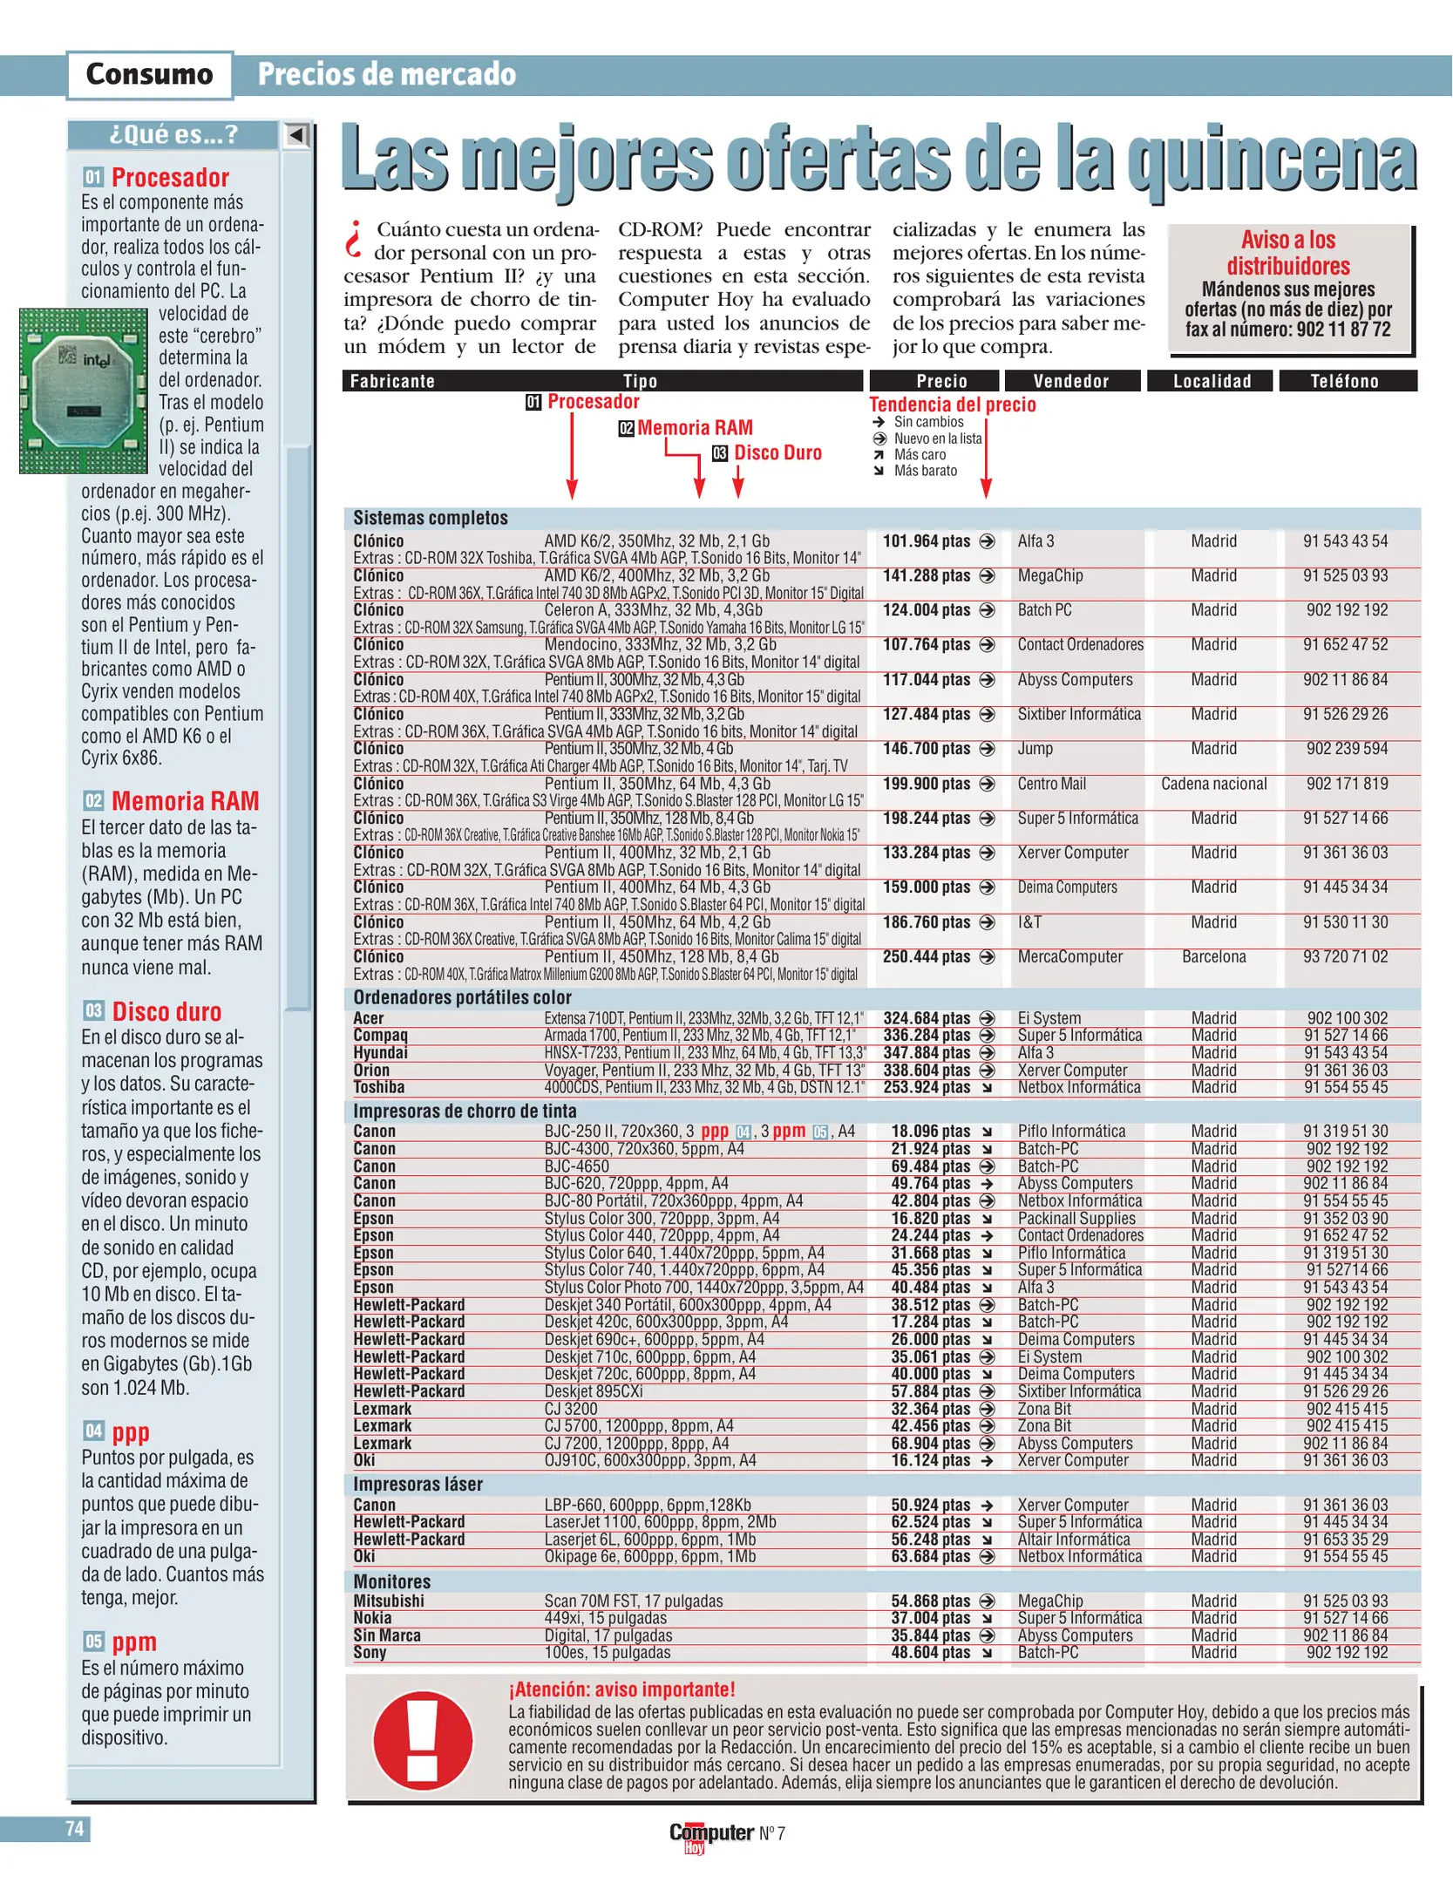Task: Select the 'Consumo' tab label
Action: click(x=149, y=74)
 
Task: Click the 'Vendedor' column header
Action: click(x=1071, y=381)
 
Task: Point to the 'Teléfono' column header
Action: click(x=1345, y=381)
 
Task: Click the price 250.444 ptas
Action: click(x=926, y=956)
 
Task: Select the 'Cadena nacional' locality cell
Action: click(x=1213, y=784)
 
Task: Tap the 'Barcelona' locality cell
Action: click(x=1213, y=956)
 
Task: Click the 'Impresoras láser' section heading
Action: click(x=418, y=1484)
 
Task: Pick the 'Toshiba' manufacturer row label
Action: click(x=378, y=1087)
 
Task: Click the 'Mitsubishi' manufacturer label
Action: click(x=389, y=1601)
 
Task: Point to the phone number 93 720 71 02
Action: click(x=1345, y=956)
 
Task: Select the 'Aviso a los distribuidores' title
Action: click(x=1287, y=253)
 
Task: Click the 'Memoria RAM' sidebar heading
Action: click(x=185, y=801)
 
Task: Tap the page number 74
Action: click(x=75, y=1828)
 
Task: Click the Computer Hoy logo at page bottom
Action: click(x=710, y=1834)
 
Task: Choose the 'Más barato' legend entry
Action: click(x=925, y=471)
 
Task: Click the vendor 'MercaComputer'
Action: click(x=1069, y=956)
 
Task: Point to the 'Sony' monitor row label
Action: click(x=370, y=1652)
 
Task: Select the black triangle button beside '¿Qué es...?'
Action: click(x=296, y=135)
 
